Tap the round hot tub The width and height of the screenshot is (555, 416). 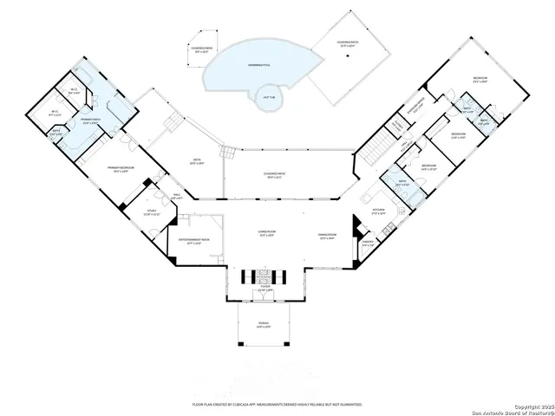click(x=268, y=96)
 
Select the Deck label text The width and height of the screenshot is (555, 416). click(x=196, y=161)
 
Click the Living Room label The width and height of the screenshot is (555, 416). click(x=253, y=234)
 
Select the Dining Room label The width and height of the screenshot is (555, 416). click(x=327, y=236)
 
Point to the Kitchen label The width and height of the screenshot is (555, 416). click(x=378, y=211)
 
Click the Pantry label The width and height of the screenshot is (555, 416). click(x=368, y=243)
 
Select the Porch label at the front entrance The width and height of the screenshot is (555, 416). click(x=264, y=325)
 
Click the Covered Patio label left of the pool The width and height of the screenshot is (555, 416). click(x=205, y=49)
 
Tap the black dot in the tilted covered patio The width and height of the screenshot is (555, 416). click(x=348, y=56)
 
